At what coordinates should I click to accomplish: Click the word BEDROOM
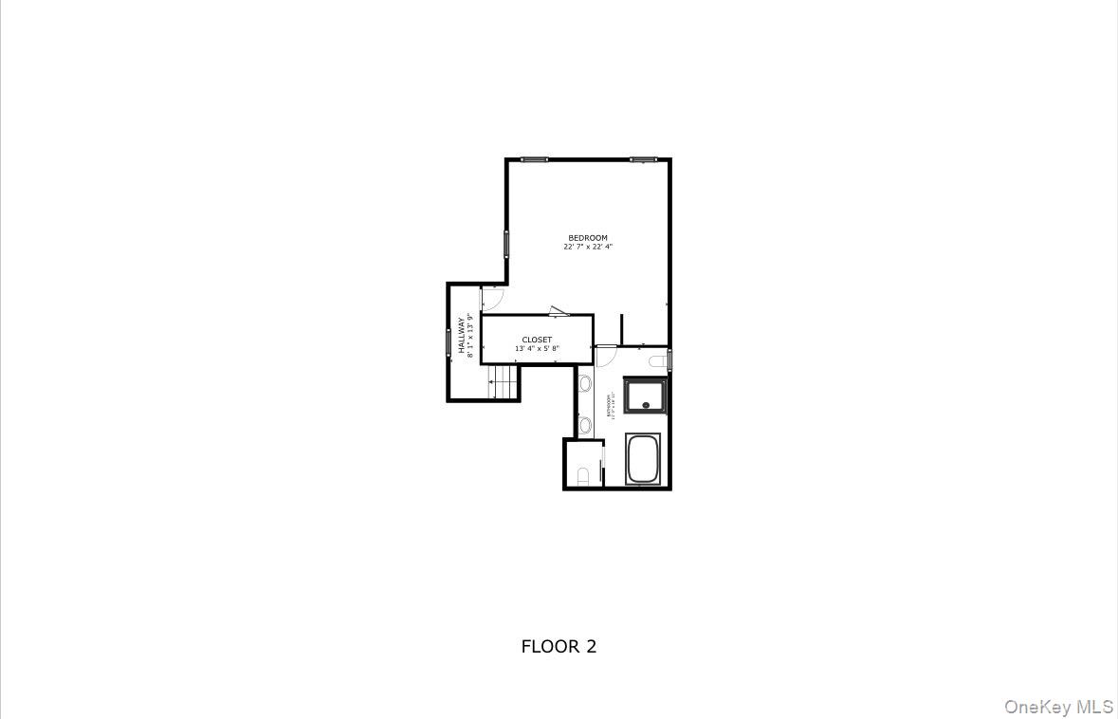coord(588,238)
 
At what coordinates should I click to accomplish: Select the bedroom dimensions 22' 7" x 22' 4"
coord(588,247)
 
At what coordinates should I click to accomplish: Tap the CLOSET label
coord(537,340)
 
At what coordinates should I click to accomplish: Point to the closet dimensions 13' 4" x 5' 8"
coord(537,349)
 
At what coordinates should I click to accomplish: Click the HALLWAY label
coord(462,335)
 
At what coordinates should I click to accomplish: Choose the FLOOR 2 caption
coord(559,647)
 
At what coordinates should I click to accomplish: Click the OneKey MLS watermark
coord(1058,707)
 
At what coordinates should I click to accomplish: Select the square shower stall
coord(646,396)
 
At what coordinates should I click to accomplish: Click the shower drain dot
coord(646,406)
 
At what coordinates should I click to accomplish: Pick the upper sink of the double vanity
coord(585,384)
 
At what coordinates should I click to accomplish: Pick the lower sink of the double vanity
coord(585,424)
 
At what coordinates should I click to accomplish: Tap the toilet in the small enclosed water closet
coord(583,475)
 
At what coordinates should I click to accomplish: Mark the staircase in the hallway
coord(504,381)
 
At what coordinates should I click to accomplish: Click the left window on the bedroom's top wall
coord(534,159)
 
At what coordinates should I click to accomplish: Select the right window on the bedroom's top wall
coord(644,159)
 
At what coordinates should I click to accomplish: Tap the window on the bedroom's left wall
coord(506,244)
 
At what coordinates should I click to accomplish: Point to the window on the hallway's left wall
coord(449,341)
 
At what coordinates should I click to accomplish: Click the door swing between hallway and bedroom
coord(491,299)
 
